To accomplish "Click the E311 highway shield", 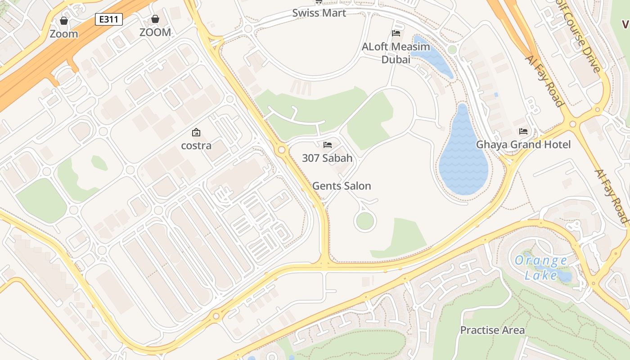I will (x=109, y=19).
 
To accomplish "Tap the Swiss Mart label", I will (x=319, y=13).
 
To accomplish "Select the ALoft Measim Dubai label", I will (x=396, y=53).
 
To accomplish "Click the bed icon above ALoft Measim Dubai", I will (x=396, y=33).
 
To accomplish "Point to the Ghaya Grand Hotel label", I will (x=523, y=144).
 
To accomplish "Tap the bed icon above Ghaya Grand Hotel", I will (x=523, y=131).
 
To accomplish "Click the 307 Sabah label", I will (x=327, y=158).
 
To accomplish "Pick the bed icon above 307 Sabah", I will (x=328, y=145).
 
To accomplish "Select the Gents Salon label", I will (x=342, y=186).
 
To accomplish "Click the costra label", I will (x=196, y=146).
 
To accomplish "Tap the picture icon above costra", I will (x=196, y=132).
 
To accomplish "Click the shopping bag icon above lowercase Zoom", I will (x=64, y=21).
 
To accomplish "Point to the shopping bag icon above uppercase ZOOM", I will (x=155, y=19).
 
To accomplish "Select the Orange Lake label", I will (x=541, y=267).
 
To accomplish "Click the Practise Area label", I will (x=492, y=330).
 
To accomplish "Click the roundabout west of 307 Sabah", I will (x=282, y=149).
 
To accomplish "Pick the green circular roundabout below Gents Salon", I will (x=364, y=221).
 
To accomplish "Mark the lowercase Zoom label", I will (x=64, y=34).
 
